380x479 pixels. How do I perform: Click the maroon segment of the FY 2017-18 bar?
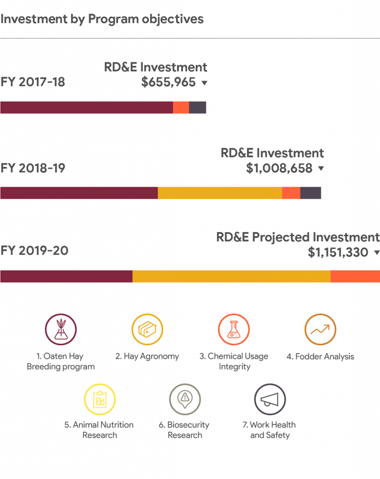pyautogui.click(x=87, y=108)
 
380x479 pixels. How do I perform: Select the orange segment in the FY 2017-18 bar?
pyautogui.click(x=181, y=108)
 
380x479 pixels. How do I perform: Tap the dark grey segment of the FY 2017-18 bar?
pyautogui.click(x=198, y=108)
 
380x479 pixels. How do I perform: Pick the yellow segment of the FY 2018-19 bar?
pyautogui.click(x=220, y=193)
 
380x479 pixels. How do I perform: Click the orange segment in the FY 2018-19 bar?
pyautogui.click(x=291, y=193)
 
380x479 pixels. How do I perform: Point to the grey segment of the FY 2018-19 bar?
pyautogui.click(x=311, y=193)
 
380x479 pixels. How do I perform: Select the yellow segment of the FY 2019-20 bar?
pyautogui.click(x=232, y=276)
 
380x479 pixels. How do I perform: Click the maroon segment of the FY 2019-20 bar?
pyautogui.click(x=66, y=276)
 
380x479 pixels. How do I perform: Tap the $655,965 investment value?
pyautogui.click(x=168, y=83)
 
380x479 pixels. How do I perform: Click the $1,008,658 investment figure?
pyautogui.click(x=279, y=168)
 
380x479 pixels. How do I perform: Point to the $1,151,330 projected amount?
pyautogui.click(x=338, y=253)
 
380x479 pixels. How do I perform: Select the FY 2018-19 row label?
pyautogui.click(x=33, y=168)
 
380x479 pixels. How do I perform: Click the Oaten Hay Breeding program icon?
pyautogui.click(x=60, y=329)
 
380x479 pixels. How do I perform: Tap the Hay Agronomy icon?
pyautogui.click(x=147, y=329)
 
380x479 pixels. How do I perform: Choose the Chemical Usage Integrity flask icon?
pyautogui.click(x=234, y=329)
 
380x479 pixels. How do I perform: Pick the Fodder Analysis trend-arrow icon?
pyautogui.click(x=320, y=329)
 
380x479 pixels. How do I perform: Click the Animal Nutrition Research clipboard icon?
pyautogui.click(x=100, y=399)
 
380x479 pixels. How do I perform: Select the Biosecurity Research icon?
pyautogui.click(x=185, y=399)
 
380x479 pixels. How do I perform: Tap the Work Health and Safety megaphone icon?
pyautogui.click(x=270, y=399)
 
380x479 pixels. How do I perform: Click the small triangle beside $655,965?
pyautogui.click(x=204, y=83)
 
